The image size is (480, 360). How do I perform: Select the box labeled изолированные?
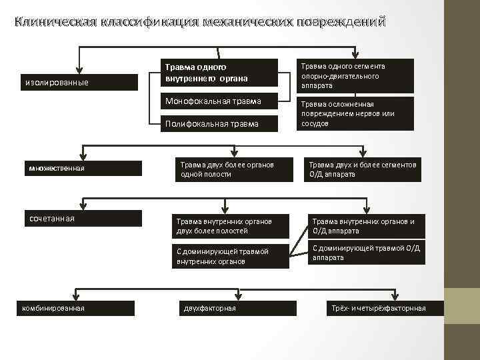(x=79, y=83)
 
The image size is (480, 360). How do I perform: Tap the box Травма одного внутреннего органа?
(x=219, y=73)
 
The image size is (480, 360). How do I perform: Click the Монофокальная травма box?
(x=219, y=102)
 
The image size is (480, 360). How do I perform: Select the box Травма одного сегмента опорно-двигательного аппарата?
(x=355, y=75)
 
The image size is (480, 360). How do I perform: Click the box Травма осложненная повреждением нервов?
(x=355, y=113)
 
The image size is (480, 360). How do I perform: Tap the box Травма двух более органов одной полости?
(x=227, y=169)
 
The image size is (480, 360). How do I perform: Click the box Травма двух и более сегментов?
(x=363, y=169)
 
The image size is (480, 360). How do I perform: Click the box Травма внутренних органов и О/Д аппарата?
(x=366, y=226)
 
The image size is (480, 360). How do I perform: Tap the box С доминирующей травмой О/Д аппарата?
(x=366, y=253)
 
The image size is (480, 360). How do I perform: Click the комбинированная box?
(x=76, y=307)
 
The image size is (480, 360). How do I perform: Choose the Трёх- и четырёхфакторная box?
(x=377, y=308)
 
